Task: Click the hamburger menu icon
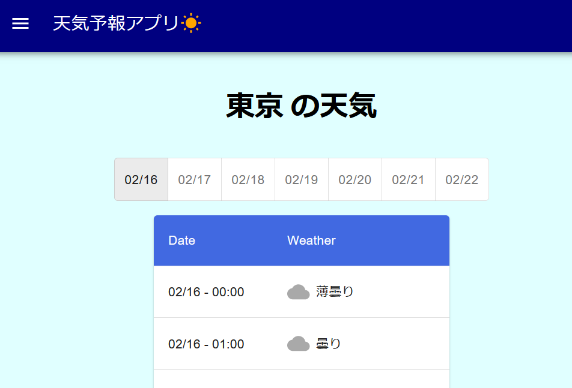pos(20,23)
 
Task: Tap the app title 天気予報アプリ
pos(115,23)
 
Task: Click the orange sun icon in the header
pos(191,23)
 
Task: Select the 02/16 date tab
pos(141,180)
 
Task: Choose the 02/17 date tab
pos(195,180)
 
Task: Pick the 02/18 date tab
pos(248,180)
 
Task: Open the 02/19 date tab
pos(302,180)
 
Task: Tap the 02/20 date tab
pos(355,180)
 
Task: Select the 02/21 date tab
pos(409,180)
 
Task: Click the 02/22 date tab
pos(461,180)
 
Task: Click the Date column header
pos(181,240)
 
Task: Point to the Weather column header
pos(311,240)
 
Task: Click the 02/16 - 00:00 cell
pos(206,292)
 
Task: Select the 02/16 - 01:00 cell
pos(206,344)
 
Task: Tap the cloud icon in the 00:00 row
pos(298,292)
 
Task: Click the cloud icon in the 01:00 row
pos(298,344)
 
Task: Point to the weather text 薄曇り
pos(335,292)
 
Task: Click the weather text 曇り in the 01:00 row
pos(329,344)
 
